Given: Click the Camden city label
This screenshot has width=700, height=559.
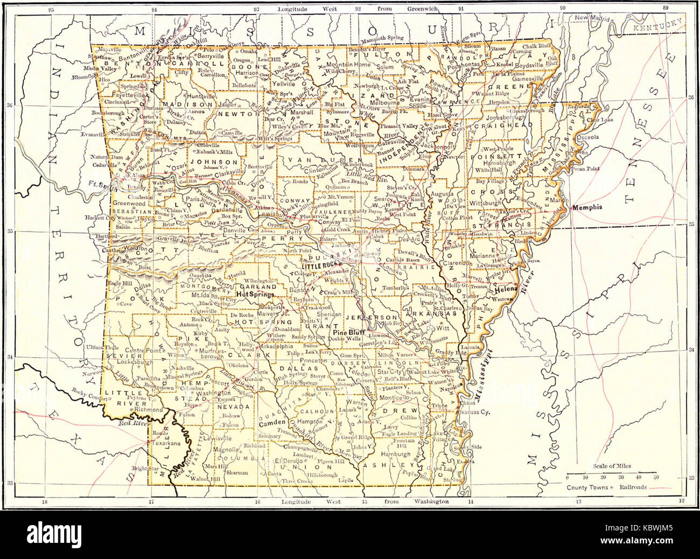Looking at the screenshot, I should click(275, 423).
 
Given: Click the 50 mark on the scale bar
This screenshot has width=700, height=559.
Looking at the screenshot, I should click(655, 477).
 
